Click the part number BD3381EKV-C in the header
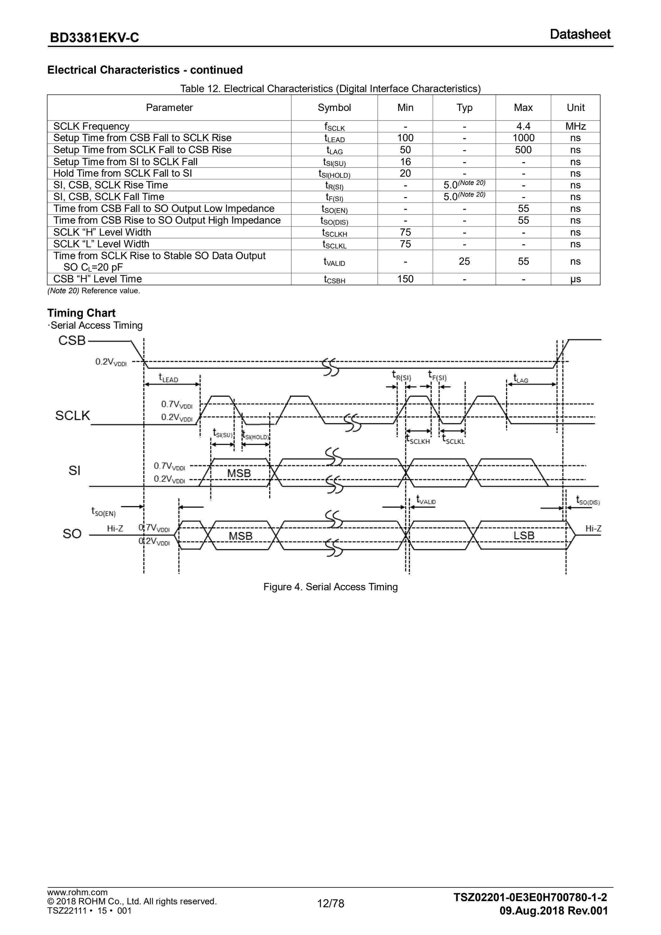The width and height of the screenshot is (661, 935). click(94, 38)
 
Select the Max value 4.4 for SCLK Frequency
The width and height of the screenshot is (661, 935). click(523, 126)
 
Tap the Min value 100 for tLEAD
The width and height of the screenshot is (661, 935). click(405, 138)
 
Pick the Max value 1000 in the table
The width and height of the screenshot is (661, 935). click(523, 138)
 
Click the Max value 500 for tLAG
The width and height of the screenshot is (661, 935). click(523, 150)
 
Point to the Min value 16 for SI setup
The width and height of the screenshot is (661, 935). click(405, 162)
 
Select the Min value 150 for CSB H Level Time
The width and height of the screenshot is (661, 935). click(405, 279)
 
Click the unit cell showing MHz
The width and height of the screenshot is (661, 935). click(575, 126)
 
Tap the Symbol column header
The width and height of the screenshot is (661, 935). click(334, 108)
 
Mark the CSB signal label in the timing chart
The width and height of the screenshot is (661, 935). click(72, 340)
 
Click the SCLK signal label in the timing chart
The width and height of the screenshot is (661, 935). click(73, 415)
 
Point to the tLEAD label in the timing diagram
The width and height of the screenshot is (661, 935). click(169, 378)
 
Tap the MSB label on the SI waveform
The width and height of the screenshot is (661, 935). click(239, 473)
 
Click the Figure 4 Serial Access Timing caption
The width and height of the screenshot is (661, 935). click(331, 587)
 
